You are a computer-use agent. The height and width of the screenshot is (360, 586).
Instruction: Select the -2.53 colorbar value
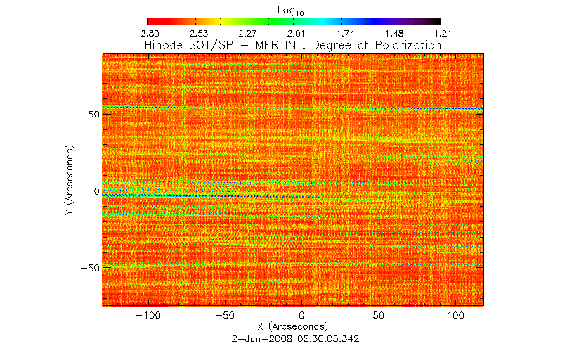tap(195, 32)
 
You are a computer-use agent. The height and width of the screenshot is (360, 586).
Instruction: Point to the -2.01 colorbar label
tap(294, 32)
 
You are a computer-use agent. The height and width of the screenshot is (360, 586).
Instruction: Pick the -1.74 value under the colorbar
tap(343, 32)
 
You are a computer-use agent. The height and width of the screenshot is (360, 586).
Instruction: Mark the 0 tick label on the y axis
tap(96, 191)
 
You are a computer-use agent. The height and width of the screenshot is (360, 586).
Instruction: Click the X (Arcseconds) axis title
tap(294, 327)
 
